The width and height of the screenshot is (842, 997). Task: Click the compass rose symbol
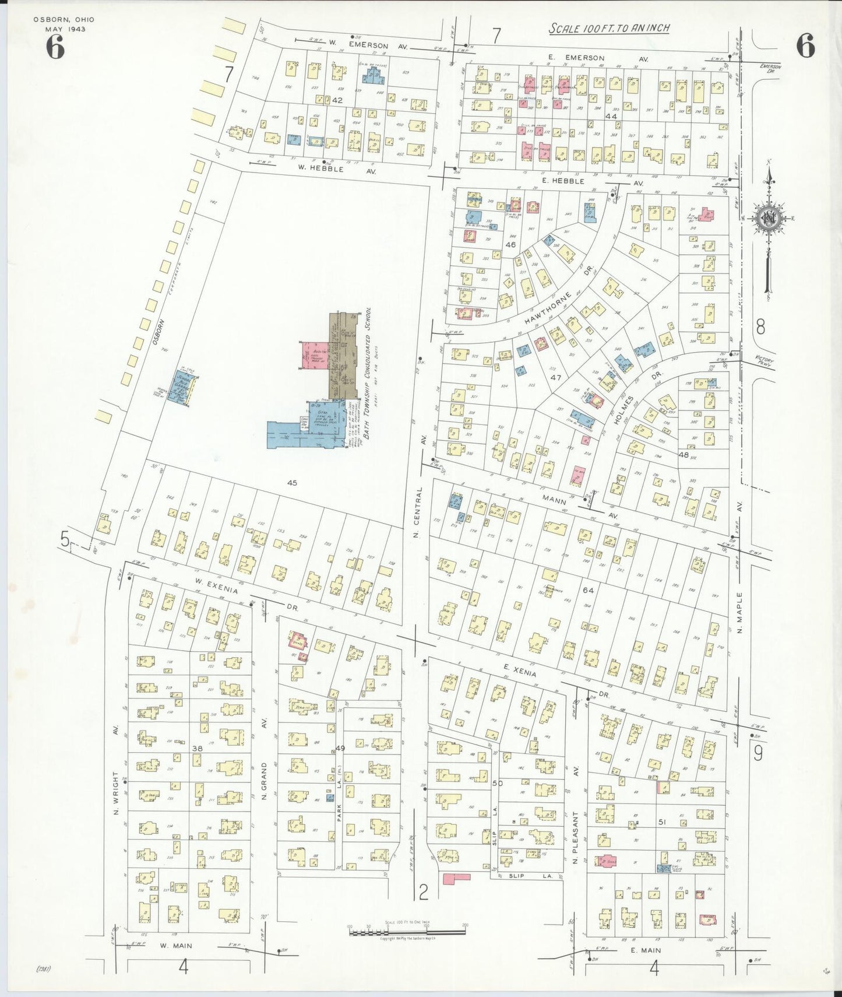point(769,219)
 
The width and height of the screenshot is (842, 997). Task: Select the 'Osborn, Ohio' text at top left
point(64,19)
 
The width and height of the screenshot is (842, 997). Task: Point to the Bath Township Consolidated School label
point(368,381)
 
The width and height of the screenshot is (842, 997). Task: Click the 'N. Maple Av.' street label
point(740,589)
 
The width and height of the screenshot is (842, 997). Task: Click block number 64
point(588,591)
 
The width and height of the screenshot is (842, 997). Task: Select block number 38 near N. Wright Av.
point(198,748)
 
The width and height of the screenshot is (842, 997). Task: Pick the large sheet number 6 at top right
point(805,46)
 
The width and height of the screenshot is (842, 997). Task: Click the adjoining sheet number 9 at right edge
point(758,754)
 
